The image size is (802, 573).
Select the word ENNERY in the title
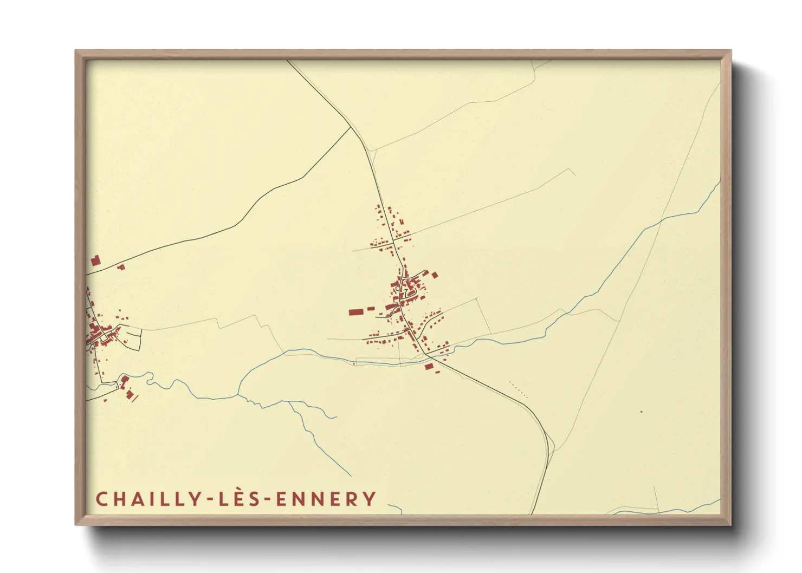[326, 499]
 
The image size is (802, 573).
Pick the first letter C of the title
[101, 499]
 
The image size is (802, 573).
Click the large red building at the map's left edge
[95, 261]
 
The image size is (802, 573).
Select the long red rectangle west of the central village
[355, 312]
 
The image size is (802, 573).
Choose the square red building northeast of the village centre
[434, 275]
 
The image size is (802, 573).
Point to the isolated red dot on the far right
[641, 412]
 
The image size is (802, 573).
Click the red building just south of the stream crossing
[429, 367]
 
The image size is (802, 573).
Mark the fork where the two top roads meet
[352, 128]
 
